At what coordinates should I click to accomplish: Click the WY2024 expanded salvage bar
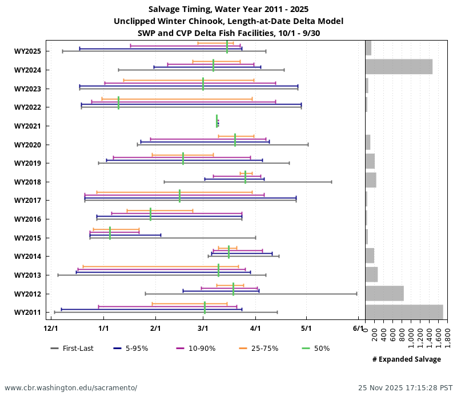coord(399,67)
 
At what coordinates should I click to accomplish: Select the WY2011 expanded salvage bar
coord(404,312)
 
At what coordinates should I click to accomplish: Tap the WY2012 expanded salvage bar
coord(384,293)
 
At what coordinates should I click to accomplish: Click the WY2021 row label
coord(27,126)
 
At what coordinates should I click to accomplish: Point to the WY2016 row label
coord(27,219)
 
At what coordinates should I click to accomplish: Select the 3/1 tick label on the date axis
coord(203,329)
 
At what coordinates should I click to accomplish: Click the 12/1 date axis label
coord(51,329)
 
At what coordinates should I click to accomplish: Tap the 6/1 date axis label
coord(358,329)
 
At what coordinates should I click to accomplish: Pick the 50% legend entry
coord(314,349)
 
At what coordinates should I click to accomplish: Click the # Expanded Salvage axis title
coord(406,359)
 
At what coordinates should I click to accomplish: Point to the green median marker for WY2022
coord(118,103)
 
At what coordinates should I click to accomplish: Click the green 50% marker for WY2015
coord(110,233)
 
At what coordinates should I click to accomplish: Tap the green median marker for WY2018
coord(245,177)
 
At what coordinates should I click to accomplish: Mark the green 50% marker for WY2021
coord(217,121)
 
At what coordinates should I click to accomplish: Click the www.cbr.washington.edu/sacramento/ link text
coord(71,388)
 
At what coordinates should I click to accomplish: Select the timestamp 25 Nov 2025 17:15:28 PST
coord(405,388)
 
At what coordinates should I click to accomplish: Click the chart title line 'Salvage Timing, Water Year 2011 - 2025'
coord(228,9)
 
